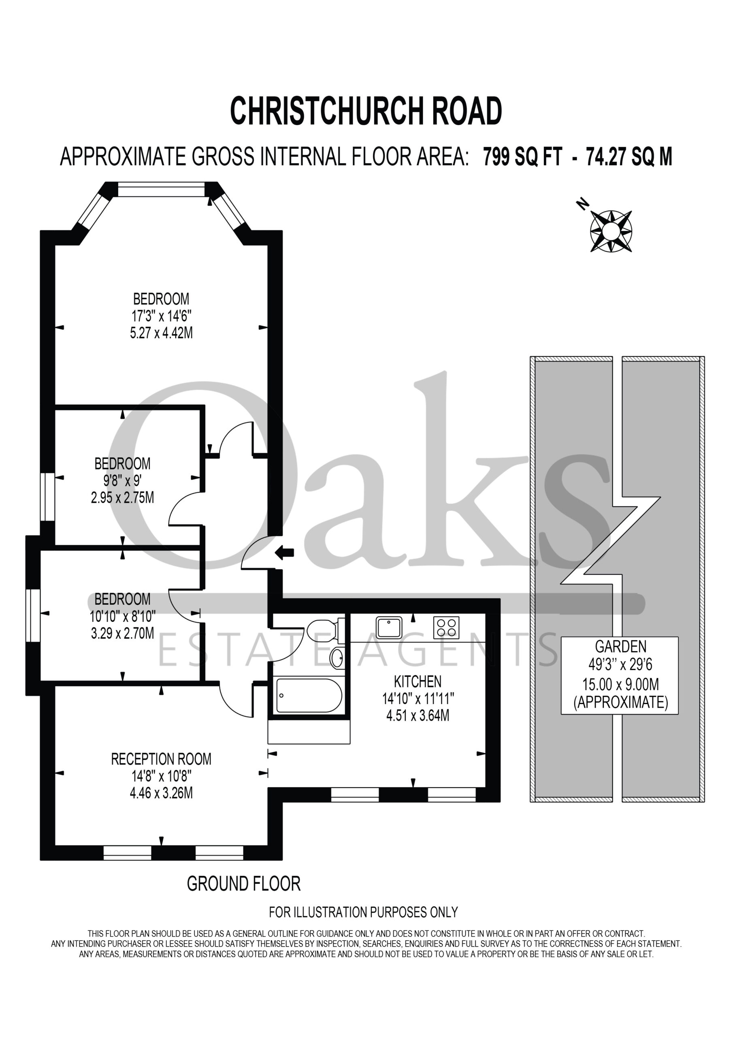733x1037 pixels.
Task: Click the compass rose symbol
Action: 611,231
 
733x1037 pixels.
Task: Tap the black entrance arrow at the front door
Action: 285,552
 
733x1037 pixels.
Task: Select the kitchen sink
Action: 389,627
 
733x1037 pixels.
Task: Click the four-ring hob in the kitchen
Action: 446,627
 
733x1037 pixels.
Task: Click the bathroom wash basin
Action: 337,658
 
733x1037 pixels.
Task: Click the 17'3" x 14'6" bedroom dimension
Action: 161,316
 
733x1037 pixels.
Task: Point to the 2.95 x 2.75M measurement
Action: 122,498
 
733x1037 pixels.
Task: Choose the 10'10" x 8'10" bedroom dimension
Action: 122,616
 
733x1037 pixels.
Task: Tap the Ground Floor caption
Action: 244,884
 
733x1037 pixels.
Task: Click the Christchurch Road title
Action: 366,111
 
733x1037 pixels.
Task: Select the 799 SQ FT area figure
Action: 522,157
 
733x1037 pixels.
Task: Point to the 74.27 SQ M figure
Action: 629,157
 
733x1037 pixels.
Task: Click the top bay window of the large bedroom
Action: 161,189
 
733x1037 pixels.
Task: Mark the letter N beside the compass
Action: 583,205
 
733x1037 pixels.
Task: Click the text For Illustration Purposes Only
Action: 364,913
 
